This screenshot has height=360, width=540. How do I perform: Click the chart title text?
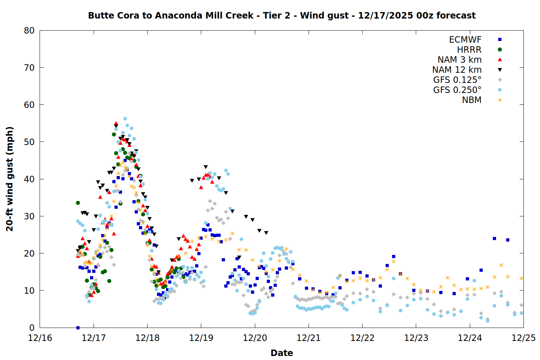(x=282, y=15)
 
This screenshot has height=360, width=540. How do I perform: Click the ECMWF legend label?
(x=465, y=40)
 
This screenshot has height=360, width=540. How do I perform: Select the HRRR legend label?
(x=469, y=50)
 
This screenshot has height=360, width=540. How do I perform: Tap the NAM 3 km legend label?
(x=459, y=60)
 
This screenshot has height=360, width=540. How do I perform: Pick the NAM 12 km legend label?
(x=457, y=70)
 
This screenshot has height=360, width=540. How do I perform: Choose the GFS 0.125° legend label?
(x=457, y=80)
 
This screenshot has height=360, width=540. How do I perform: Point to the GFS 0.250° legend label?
(x=457, y=90)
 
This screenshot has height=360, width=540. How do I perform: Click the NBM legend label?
(x=472, y=100)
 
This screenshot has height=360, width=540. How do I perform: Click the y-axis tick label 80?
(x=29, y=31)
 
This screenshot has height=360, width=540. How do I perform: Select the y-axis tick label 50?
(x=29, y=142)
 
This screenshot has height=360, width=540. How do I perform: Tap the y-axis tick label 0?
(x=32, y=328)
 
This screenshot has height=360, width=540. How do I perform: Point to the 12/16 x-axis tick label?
(x=40, y=338)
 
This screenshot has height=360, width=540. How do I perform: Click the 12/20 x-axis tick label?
(x=255, y=338)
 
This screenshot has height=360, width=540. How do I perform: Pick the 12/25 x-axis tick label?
(x=523, y=338)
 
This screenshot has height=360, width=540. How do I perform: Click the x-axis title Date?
(x=282, y=353)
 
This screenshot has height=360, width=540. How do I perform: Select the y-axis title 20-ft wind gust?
(x=10, y=179)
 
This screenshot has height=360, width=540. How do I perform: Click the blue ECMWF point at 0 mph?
(x=78, y=328)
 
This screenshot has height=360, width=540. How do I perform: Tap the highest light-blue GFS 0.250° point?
(x=125, y=118)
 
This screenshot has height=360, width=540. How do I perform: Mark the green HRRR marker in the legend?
(x=500, y=50)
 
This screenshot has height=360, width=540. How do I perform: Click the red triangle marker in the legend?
(x=500, y=60)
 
